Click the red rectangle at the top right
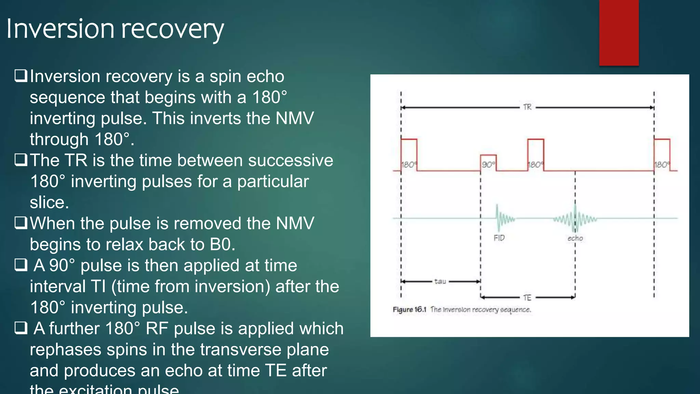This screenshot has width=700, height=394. (x=619, y=32)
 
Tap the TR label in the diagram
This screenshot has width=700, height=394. (x=527, y=107)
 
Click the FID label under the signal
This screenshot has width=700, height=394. (x=499, y=238)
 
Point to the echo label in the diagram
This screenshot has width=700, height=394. (x=575, y=238)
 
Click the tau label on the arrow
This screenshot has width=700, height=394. (x=440, y=281)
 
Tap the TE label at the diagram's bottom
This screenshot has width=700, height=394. (x=527, y=298)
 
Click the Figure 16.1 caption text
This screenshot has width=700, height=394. (x=462, y=310)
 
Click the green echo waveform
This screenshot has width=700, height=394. (x=576, y=218)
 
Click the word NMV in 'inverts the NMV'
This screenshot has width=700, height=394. (x=294, y=118)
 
